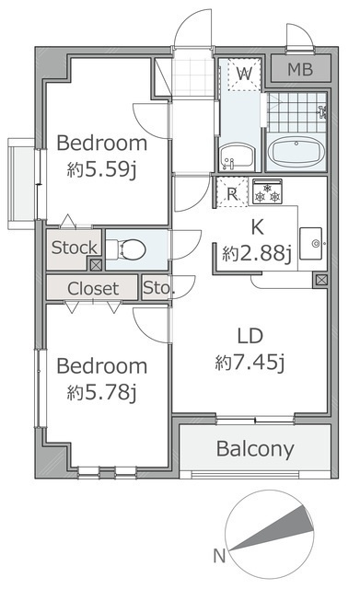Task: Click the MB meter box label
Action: (300, 70)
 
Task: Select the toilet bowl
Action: (126, 249)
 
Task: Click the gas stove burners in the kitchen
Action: (267, 191)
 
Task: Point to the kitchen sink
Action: (310, 243)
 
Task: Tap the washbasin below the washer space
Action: (238, 156)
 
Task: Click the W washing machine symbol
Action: (244, 74)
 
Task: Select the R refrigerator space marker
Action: (232, 193)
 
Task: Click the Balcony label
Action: (255, 449)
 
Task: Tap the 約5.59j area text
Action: (101, 170)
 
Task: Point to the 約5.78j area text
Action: (101, 393)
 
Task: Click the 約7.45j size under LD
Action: (250, 363)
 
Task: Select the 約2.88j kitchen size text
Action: (257, 254)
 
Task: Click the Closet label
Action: (93, 288)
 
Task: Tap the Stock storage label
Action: (74, 248)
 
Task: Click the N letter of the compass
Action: (219, 555)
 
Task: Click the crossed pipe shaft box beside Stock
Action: (96, 265)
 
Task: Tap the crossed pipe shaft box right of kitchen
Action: (321, 280)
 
